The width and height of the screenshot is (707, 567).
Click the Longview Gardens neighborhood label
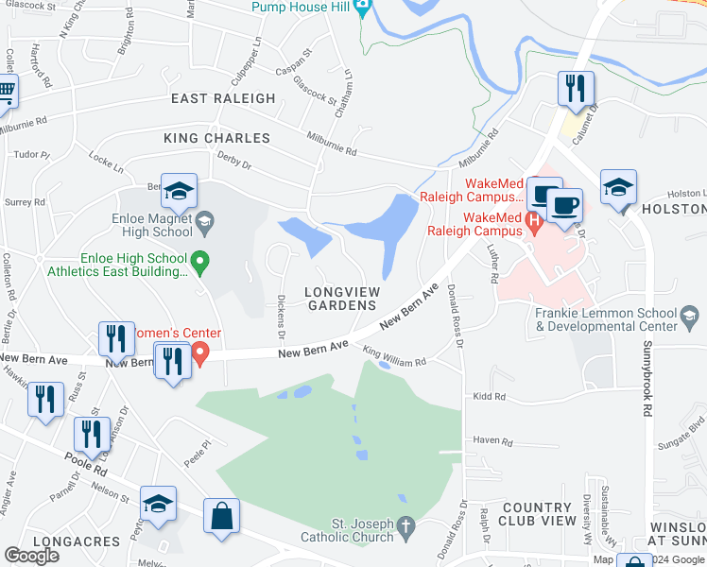pyautogui.click(x=341, y=299)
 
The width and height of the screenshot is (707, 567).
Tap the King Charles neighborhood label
pyautogui.click(x=216, y=138)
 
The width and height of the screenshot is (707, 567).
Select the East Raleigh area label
pyautogui.click(x=223, y=98)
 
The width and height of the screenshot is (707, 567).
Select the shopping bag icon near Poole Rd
pyautogui.click(x=221, y=516)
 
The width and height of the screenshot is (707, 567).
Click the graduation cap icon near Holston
pyautogui.click(x=618, y=186)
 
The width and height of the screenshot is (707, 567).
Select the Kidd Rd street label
pyautogui.click(x=491, y=398)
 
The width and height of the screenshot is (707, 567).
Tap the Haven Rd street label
pyautogui.click(x=491, y=440)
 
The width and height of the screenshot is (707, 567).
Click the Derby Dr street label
pyautogui.click(x=233, y=161)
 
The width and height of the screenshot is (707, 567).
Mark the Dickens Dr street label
pyautogui.click(x=280, y=318)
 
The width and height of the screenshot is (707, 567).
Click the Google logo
pyautogui.click(x=31, y=556)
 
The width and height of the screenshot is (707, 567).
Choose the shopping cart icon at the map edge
pyautogui.click(x=5, y=92)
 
